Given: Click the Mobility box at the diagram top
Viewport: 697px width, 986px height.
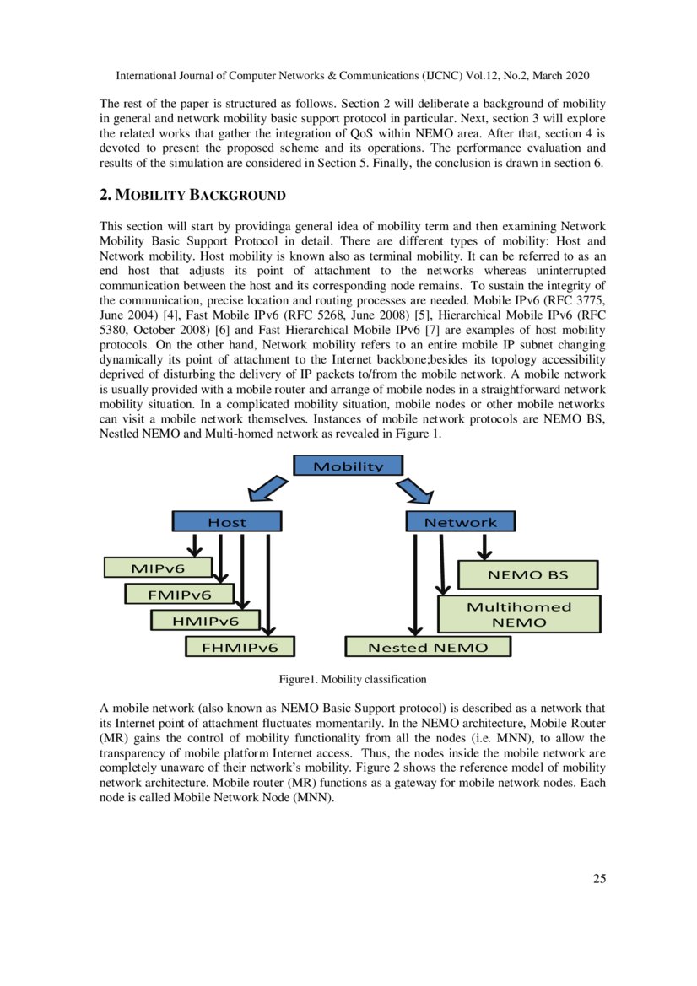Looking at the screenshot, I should pyautogui.click(x=348, y=466).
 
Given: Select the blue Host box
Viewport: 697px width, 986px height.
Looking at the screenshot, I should pyautogui.click(x=225, y=522).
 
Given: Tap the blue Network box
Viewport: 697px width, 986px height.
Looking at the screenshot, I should pyautogui.click(x=460, y=522).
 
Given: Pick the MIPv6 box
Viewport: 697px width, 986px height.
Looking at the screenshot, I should pyautogui.click(x=157, y=568).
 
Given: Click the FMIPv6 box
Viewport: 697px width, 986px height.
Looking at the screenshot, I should pyautogui.click(x=179, y=595).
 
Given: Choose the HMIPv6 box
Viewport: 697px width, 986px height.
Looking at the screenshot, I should pyautogui.click(x=204, y=621).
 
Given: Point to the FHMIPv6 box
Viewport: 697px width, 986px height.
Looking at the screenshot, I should pyautogui.click(x=240, y=647).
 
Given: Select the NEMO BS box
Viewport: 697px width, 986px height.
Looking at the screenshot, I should pyautogui.click(x=527, y=574).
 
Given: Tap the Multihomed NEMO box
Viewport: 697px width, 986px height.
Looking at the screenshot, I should pyautogui.click(x=519, y=614).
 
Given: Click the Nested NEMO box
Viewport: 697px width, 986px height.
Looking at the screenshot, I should pyautogui.click(x=428, y=647).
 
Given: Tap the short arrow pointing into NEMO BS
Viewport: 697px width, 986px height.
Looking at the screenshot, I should pyautogui.click(x=484, y=547).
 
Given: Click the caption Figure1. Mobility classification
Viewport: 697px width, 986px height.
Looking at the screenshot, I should pyautogui.click(x=353, y=679).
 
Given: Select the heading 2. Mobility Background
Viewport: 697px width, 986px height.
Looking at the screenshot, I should pyautogui.click(x=192, y=196).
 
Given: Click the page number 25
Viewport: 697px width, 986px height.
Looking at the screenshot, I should pyautogui.click(x=599, y=879).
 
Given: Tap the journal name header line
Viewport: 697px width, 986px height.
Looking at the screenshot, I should pyautogui.click(x=352, y=75).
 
